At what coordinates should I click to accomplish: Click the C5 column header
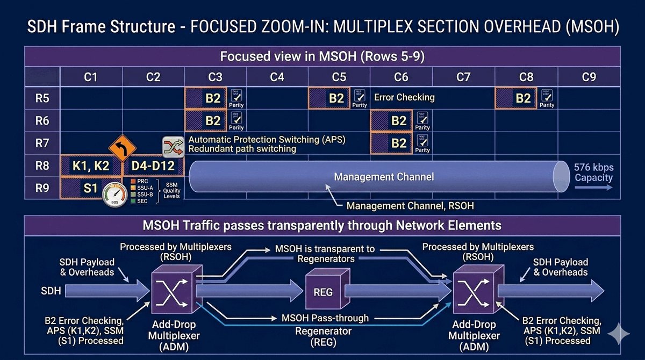339,77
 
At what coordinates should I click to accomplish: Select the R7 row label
43,143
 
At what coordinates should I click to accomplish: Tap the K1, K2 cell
91,166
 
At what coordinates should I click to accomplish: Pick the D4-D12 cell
153,166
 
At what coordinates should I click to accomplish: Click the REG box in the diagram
322,292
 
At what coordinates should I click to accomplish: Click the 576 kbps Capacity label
593,172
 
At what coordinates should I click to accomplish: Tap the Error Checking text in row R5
404,98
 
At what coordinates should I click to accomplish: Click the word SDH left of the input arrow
51,291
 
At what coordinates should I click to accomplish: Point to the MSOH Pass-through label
325,318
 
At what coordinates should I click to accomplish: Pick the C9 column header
589,77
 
